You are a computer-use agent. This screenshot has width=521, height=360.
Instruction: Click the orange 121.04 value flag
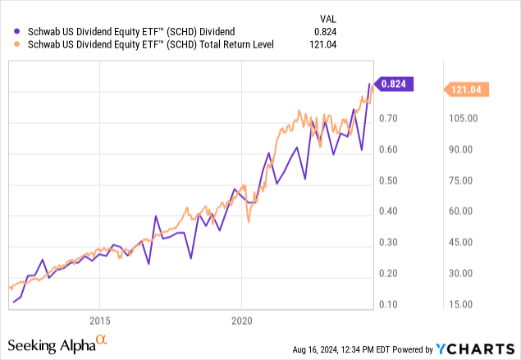click(x=465, y=88)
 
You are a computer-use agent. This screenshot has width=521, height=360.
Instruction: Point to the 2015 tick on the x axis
click(x=99, y=320)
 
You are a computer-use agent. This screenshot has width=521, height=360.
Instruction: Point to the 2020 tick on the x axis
click(x=241, y=320)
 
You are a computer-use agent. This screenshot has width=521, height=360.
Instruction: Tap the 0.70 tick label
click(x=389, y=119)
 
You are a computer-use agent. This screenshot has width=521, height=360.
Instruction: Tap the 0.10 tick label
click(x=389, y=304)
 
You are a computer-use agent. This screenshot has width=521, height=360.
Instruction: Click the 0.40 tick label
click(x=389, y=212)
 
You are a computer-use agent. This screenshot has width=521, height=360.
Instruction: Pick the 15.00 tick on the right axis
click(x=462, y=304)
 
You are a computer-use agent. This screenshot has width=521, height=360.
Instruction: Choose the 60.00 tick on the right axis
click(x=462, y=212)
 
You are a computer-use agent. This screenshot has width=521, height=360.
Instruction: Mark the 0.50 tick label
click(x=389, y=180)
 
